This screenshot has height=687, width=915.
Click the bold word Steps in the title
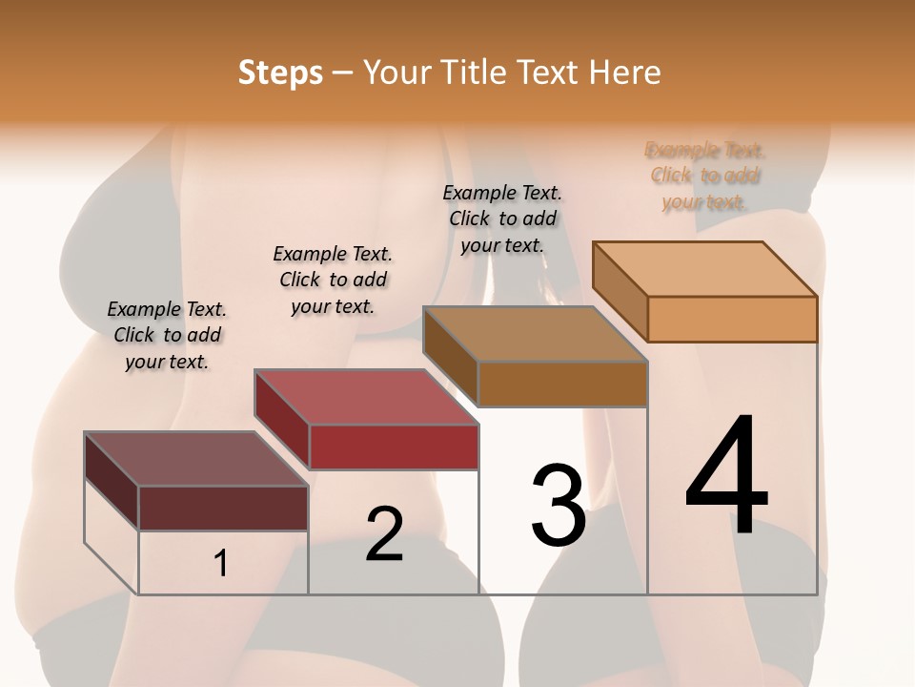[x=280, y=73]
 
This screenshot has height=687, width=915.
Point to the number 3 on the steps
[x=559, y=506]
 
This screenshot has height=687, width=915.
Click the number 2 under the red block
[x=384, y=534]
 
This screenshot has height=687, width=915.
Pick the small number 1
[x=221, y=564]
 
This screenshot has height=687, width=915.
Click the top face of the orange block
[x=705, y=268]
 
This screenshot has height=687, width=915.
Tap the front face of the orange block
[x=732, y=319]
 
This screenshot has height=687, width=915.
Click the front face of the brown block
[x=562, y=384]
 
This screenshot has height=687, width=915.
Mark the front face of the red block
[x=394, y=447]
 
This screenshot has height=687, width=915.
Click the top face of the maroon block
[x=196, y=459]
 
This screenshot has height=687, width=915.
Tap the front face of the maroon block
[x=223, y=508]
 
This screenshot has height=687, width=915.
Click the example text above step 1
[x=167, y=335]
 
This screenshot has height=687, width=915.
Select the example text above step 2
[x=333, y=280]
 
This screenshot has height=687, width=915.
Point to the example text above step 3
[x=502, y=219]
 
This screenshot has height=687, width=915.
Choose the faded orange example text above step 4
[x=704, y=176]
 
